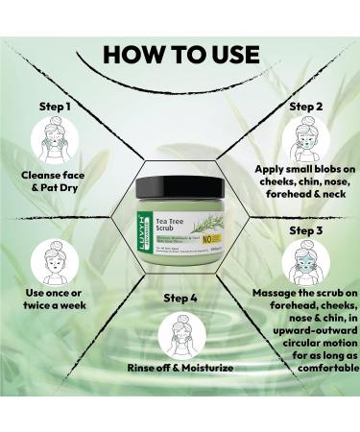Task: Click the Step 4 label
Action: [180, 298]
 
